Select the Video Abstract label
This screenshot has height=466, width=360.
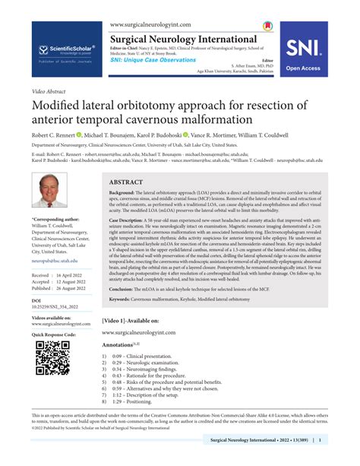pos(49,90)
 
